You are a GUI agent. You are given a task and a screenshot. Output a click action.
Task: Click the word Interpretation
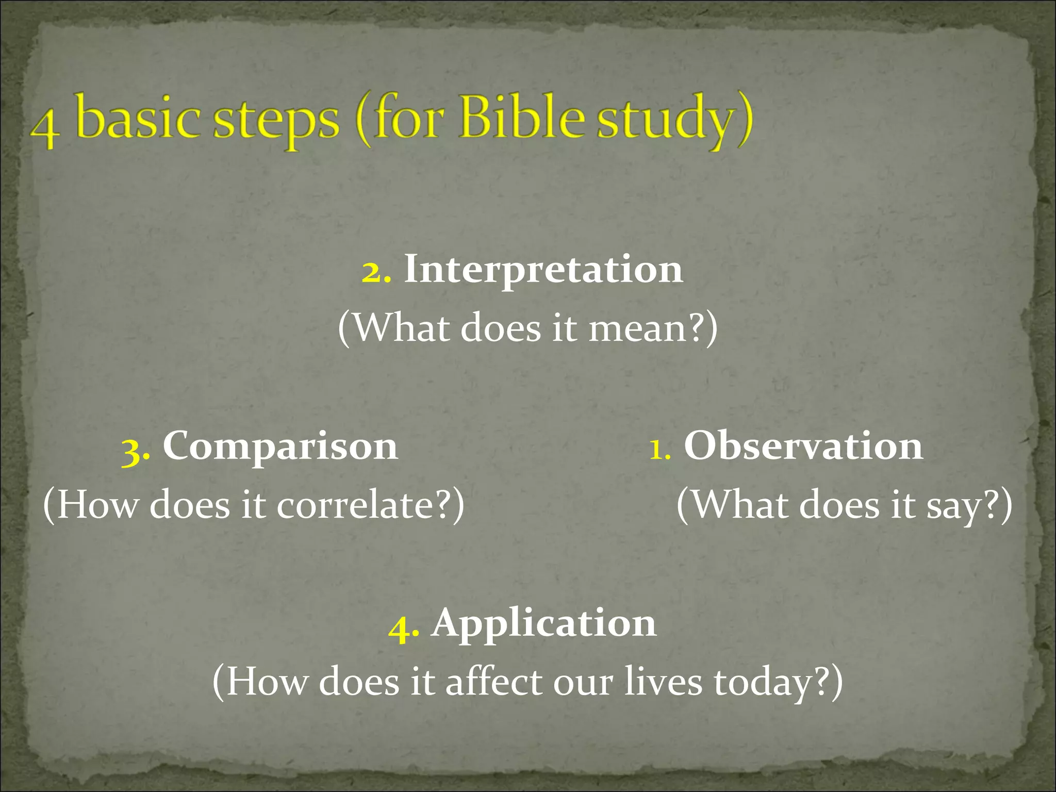tap(543, 270)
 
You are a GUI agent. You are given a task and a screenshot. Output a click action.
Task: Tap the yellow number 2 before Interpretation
tap(376, 272)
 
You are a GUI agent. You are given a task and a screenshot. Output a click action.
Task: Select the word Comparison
tap(280, 446)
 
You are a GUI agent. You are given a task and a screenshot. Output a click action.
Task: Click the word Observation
tap(803, 446)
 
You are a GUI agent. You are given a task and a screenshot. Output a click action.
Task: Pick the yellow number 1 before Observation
tap(659, 449)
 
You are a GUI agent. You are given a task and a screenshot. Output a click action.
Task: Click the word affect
tap(494, 682)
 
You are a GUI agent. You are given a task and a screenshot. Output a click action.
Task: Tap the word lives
tap(663, 682)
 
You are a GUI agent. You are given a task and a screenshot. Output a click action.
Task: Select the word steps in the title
tap(276, 122)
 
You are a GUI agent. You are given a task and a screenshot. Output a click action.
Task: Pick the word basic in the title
tap(138, 118)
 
